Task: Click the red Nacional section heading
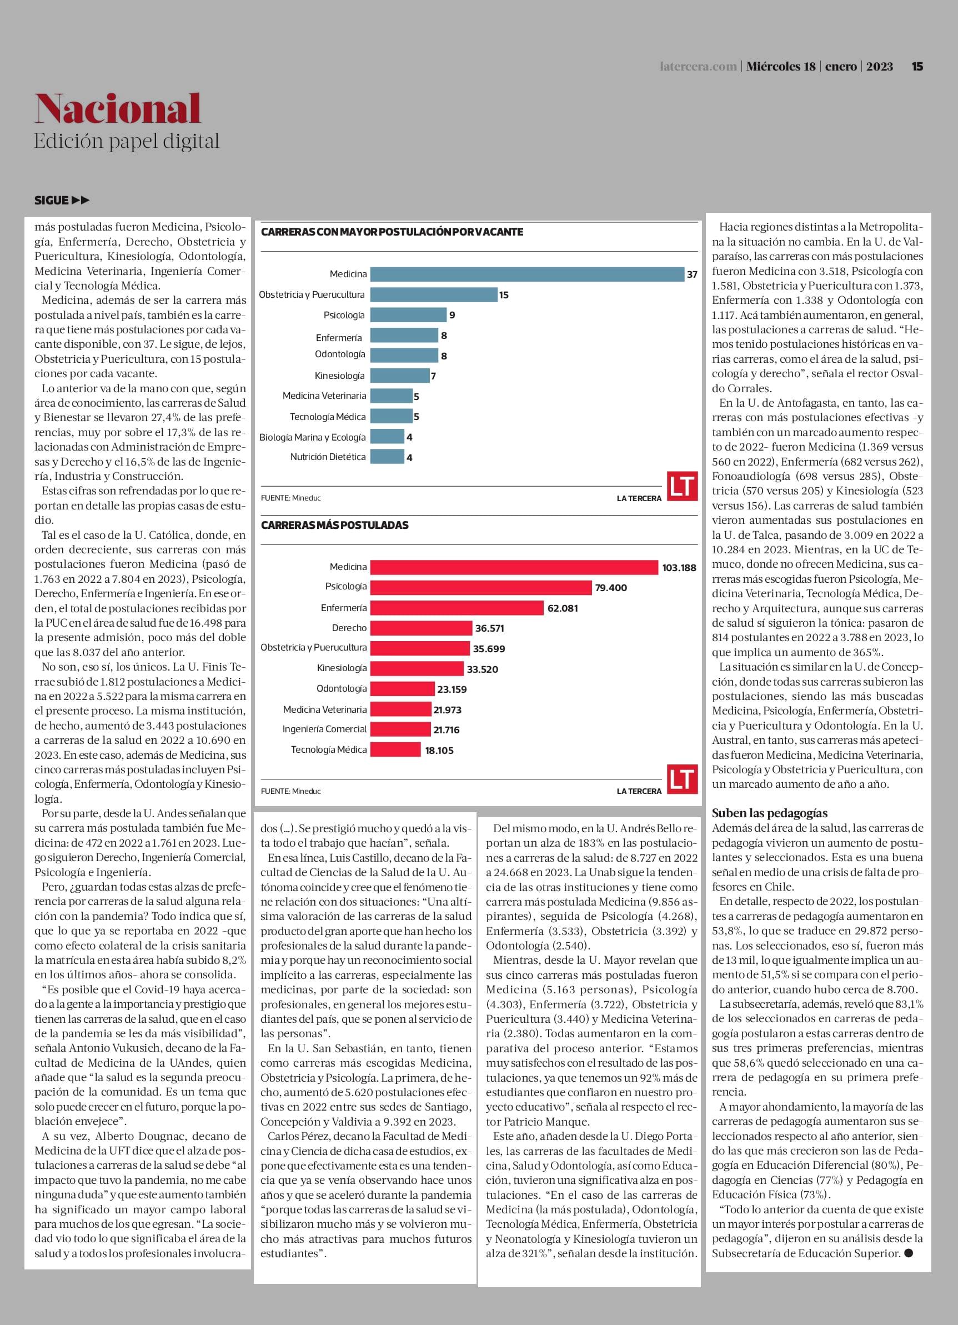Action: pyautogui.click(x=117, y=109)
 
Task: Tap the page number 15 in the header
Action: pyautogui.click(x=917, y=67)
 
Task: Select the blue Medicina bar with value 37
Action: pyautogui.click(x=527, y=274)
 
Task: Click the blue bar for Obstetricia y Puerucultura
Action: pyautogui.click(x=433, y=294)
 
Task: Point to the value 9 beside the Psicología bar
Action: pyautogui.click(x=452, y=315)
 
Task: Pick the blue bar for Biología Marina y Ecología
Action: pyautogui.click(x=387, y=437)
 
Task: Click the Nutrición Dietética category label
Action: pyautogui.click(x=328, y=457)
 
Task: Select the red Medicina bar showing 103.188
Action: pyautogui.click(x=514, y=567)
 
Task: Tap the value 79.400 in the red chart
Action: pyautogui.click(x=611, y=588)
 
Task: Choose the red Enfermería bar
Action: pyautogui.click(x=457, y=608)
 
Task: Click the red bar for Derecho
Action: pyautogui.click(x=421, y=628)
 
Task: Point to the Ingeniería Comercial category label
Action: pyautogui.click(x=324, y=729)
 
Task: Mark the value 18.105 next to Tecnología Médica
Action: pyautogui.click(x=439, y=750)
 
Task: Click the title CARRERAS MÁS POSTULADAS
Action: pyautogui.click(x=335, y=525)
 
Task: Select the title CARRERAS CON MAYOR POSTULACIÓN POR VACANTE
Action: pyautogui.click(x=392, y=232)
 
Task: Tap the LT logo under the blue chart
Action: pyautogui.click(x=683, y=487)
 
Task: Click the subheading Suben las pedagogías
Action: pyautogui.click(x=769, y=813)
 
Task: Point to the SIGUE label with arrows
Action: pyautogui.click(x=62, y=201)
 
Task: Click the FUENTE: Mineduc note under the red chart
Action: pyautogui.click(x=291, y=791)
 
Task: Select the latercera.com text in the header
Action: pyautogui.click(x=698, y=67)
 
